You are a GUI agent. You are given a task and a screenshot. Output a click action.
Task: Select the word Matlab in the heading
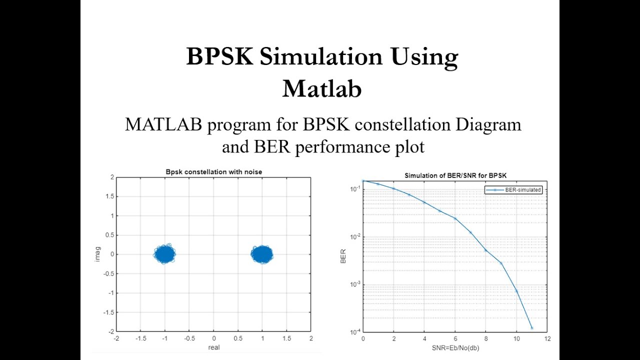pyautogui.click(x=321, y=89)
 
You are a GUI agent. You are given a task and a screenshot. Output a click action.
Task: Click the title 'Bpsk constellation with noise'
pyautogui.click(x=213, y=172)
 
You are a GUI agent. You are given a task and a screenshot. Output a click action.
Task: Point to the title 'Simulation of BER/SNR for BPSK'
pyautogui.click(x=455, y=175)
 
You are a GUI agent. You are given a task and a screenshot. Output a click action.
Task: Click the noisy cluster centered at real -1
pyautogui.click(x=164, y=254)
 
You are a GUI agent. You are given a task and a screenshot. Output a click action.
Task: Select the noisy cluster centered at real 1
pyautogui.click(x=262, y=254)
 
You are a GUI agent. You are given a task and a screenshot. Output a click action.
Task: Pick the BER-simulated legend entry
pyautogui.click(x=513, y=190)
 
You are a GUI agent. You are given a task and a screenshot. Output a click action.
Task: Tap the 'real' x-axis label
pyautogui.click(x=213, y=347)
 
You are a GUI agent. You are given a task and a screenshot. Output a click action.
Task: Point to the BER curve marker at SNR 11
pyautogui.click(x=532, y=328)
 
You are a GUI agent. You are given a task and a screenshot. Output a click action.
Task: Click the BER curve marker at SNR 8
pyautogui.click(x=485, y=250)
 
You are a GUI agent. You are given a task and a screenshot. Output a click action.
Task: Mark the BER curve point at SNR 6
pyautogui.click(x=455, y=218)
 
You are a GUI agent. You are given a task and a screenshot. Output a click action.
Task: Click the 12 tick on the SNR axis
pyautogui.click(x=547, y=338)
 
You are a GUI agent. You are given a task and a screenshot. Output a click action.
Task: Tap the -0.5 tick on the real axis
pyautogui.click(x=189, y=338)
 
